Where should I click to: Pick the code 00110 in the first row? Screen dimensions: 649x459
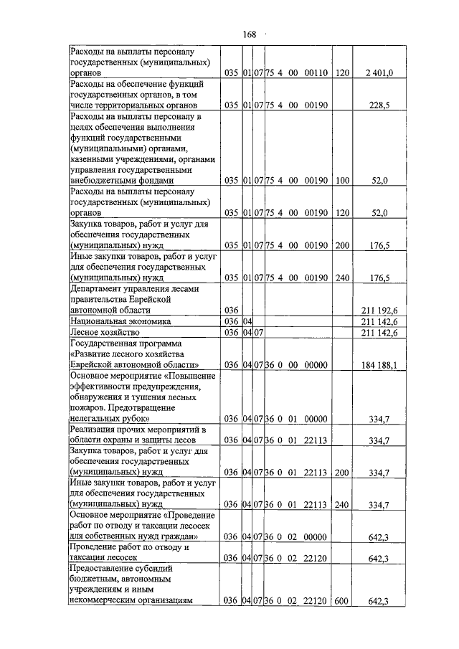315,73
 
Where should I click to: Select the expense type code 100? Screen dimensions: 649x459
341,182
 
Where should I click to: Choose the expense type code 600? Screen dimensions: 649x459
341,600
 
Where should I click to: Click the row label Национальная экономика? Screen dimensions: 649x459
120,321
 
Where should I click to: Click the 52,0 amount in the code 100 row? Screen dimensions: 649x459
378,182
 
